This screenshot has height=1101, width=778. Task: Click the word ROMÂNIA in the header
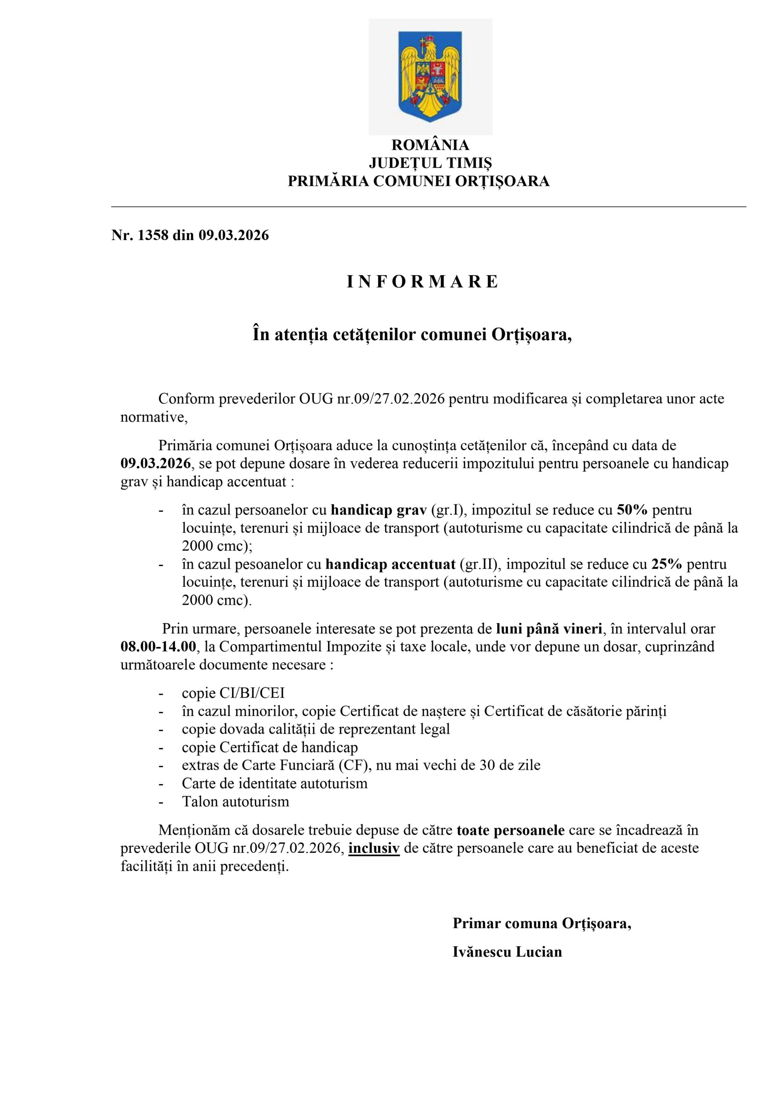coord(430,145)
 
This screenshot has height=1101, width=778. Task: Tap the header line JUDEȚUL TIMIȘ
coord(430,163)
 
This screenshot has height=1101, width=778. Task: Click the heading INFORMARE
coord(423,281)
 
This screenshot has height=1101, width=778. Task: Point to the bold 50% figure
coord(632,510)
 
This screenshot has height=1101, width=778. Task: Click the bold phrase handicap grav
coord(379,510)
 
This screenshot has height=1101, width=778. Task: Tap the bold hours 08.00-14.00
coord(159,646)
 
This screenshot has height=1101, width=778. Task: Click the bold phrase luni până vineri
coord(549,628)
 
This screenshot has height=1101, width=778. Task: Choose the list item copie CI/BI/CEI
coord(233,693)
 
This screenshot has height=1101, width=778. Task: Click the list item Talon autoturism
coord(236,802)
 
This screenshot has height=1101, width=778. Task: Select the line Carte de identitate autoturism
coord(274,784)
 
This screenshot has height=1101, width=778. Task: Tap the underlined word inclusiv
coord(374,848)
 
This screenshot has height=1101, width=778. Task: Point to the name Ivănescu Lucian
coord(507,951)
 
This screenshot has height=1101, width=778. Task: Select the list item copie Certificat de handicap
coord(270,747)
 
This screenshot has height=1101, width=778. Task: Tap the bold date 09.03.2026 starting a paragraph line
coord(155,464)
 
